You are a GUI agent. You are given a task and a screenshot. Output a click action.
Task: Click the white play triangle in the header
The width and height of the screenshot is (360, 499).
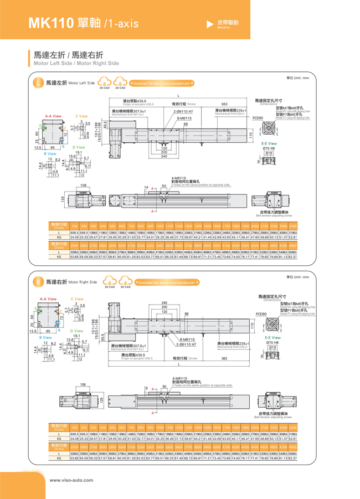click(209, 23)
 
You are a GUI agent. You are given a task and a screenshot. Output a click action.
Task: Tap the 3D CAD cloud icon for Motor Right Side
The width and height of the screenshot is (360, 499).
click(125, 282)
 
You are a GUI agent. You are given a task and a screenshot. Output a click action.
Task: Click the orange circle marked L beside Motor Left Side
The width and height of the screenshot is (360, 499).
click(38, 83)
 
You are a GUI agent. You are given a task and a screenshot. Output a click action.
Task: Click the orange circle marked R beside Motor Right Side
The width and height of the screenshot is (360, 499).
click(38, 282)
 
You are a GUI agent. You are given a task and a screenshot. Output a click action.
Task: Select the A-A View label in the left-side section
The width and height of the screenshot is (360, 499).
click(53, 116)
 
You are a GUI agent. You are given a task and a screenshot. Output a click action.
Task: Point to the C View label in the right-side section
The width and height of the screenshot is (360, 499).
click(78, 299)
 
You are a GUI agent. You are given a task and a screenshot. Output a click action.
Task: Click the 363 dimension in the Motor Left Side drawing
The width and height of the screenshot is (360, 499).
click(224, 104)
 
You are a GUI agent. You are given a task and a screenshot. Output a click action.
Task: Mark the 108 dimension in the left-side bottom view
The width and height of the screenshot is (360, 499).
click(83, 186)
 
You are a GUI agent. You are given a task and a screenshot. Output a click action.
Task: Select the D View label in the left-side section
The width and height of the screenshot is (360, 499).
click(78, 147)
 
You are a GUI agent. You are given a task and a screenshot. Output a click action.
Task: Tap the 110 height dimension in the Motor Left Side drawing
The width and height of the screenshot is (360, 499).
click(250, 135)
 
